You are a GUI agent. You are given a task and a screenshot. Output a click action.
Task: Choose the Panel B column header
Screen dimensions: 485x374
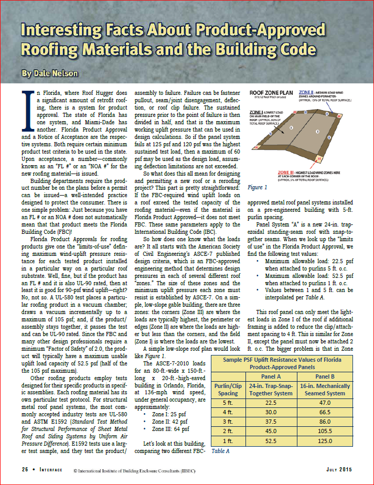pos(329,376)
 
